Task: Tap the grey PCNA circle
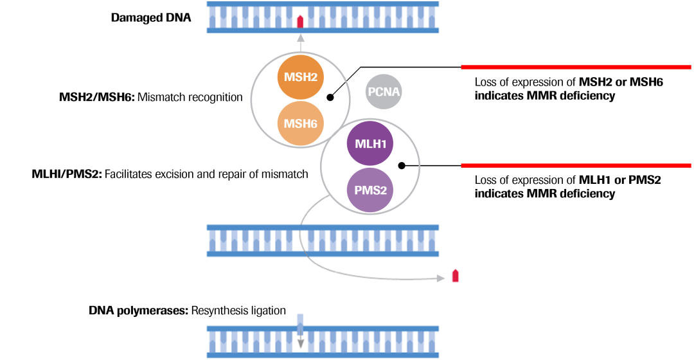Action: [x=384, y=92]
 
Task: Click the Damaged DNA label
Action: [x=151, y=17]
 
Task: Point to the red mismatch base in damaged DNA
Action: [x=300, y=21]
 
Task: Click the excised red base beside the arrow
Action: [x=456, y=276]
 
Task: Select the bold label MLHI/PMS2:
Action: [x=66, y=174]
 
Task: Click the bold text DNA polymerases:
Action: [x=138, y=310]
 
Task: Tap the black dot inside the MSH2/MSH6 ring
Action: [x=330, y=98]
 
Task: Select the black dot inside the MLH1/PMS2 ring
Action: [x=402, y=165]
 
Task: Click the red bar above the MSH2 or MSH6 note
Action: [x=576, y=67]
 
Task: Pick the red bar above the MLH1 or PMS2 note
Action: [x=576, y=165]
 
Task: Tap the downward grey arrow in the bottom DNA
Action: [x=300, y=332]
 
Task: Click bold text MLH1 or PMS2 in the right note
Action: [x=619, y=180]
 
